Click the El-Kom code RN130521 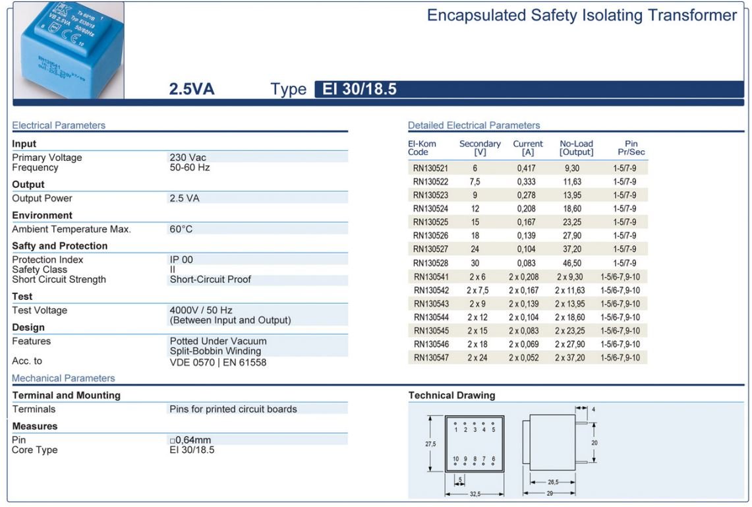coord(430,168)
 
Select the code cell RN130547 coord(430,357)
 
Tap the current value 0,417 coord(526,168)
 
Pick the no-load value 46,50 coord(571,262)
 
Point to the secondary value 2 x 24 coord(477,357)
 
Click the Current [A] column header coord(528,148)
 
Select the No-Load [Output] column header coord(576,148)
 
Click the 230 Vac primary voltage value coord(188,158)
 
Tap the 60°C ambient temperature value coord(181,229)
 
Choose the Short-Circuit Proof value coord(210,280)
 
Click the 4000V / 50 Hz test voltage coord(201,311)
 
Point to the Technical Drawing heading coord(451,396)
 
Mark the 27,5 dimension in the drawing coord(430,444)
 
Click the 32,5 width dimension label coord(474,493)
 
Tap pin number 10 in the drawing coord(455,459)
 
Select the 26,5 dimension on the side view coord(552,482)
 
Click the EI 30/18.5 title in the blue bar coord(359,89)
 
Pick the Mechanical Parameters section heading coord(63,378)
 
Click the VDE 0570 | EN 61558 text coord(218,362)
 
